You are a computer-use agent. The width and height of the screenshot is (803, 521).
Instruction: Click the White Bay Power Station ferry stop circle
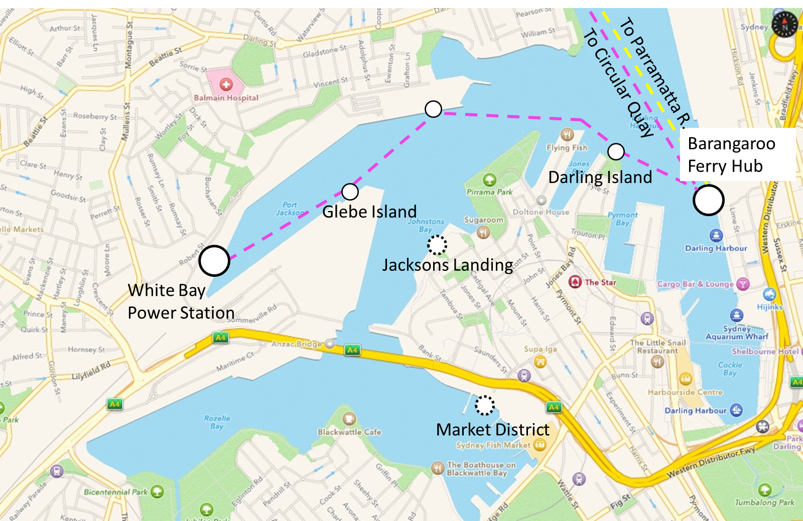click(x=214, y=261)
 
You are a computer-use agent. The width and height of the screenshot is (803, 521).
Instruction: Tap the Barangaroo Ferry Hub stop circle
click(x=708, y=200)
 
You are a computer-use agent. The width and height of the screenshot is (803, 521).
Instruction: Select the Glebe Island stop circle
click(x=350, y=191)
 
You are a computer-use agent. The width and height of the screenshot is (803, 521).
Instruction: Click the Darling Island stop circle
click(x=616, y=151)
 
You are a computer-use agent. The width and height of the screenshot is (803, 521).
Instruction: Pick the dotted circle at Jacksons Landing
click(x=437, y=245)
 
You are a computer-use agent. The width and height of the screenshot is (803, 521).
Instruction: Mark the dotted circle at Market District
click(x=485, y=405)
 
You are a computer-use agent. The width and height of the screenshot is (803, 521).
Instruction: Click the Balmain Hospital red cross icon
click(x=226, y=85)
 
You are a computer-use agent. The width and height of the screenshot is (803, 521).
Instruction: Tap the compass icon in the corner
click(x=784, y=24)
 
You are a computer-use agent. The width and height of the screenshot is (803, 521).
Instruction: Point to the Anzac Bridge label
click(x=296, y=344)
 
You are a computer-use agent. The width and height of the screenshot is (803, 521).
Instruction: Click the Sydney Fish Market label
click(x=493, y=445)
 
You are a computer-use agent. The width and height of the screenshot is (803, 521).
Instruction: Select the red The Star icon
click(x=575, y=282)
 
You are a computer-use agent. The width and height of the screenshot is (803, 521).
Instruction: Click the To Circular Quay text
click(x=618, y=83)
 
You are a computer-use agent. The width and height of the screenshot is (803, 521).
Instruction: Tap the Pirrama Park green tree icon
click(x=489, y=180)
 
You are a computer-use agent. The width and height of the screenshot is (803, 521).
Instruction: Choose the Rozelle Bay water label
click(x=217, y=422)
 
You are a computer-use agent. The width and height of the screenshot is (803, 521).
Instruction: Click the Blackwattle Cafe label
click(x=349, y=432)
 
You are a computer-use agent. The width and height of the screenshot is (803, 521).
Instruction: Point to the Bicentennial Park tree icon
click(x=157, y=491)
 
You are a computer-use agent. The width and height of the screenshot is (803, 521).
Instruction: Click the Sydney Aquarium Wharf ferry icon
click(x=737, y=315)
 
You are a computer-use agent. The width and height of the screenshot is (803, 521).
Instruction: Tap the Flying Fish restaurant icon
click(x=567, y=134)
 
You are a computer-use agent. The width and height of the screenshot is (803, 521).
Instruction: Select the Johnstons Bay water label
click(x=426, y=225)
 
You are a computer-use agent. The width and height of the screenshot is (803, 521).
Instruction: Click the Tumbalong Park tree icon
click(x=764, y=490)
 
